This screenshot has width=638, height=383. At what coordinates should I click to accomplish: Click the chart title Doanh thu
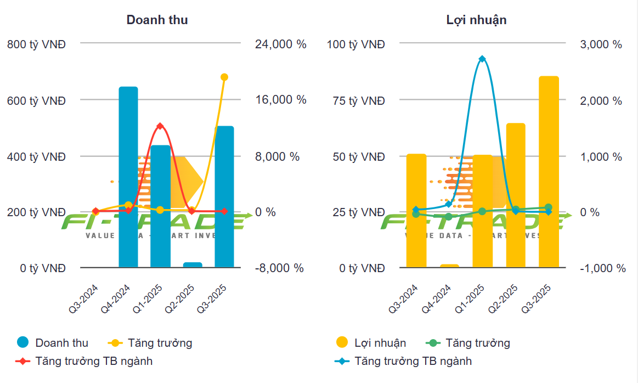157,20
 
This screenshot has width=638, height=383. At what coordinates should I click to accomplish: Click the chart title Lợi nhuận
476,20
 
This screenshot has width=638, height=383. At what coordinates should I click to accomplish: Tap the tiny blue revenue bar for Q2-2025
193,265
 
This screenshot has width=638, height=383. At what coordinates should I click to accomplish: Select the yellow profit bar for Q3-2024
416,211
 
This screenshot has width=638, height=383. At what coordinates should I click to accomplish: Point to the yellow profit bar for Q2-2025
516,195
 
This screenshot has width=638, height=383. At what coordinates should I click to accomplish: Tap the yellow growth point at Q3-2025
224,77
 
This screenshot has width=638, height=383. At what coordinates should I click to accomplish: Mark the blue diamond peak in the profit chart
482,59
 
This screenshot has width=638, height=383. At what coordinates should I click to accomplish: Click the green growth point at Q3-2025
549,207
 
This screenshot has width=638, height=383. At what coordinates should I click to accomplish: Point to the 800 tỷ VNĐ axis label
36,44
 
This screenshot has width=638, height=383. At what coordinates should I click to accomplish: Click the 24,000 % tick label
280,44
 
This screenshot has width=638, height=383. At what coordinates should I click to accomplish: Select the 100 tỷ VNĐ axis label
355,44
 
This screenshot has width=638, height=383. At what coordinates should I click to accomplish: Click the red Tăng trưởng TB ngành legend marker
22,361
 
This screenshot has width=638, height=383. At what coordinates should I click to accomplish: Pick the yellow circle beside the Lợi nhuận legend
342,343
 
